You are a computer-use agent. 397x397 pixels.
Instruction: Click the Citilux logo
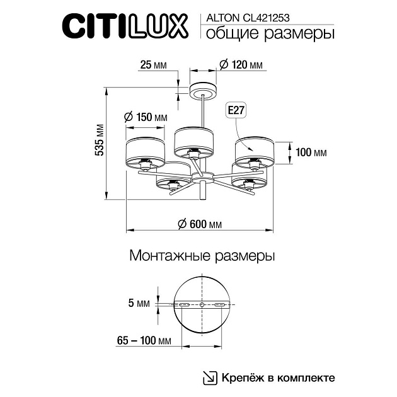pos(124,27)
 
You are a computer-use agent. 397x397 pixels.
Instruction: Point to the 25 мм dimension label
pos(154,66)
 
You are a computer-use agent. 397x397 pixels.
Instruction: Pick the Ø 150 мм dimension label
pos(146,117)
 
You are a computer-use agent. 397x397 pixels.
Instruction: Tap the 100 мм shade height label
pos(311,152)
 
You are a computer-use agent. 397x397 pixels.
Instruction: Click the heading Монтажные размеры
pos(202,256)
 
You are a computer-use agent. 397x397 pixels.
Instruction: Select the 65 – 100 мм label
pos(144,341)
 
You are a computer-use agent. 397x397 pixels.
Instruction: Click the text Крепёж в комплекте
pos(277,378)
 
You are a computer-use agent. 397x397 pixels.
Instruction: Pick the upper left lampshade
pos(145,149)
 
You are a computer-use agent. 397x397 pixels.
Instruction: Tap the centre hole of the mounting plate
pos(202,305)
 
